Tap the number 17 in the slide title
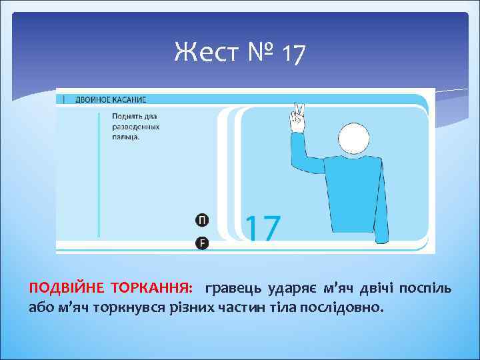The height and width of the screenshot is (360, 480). pos(293,53)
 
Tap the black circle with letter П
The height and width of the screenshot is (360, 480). pos(202,221)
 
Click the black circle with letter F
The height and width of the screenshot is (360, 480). pos(202,243)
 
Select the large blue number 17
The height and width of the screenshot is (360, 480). pos(264,227)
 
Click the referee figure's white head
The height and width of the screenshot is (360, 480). pos(353,139)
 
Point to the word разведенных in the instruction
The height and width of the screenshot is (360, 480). pos(135,126)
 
